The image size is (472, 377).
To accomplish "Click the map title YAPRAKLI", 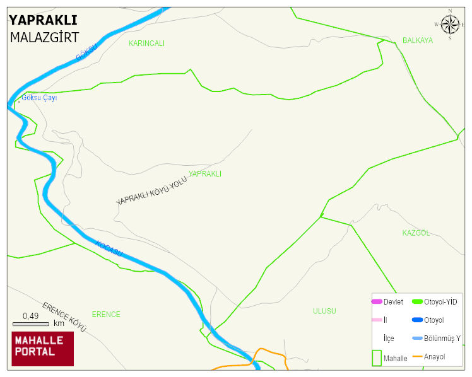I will [43, 21].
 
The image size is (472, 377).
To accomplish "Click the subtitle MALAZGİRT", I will [44, 37].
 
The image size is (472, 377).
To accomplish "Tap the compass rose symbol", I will [450, 25].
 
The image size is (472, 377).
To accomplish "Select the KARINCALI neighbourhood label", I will [146, 43].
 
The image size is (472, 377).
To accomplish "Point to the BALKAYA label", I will [418, 40].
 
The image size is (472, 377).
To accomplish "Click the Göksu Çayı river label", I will [39, 98].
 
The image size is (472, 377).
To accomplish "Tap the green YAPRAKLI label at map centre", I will [205, 173].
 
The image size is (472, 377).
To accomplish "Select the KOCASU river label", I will [109, 248].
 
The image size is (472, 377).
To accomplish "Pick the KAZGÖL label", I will [416, 233].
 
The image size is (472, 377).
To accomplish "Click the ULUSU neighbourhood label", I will [324, 311].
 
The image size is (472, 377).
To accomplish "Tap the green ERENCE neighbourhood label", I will [106, 314].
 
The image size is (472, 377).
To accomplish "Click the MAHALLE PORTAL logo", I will [43, 349].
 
